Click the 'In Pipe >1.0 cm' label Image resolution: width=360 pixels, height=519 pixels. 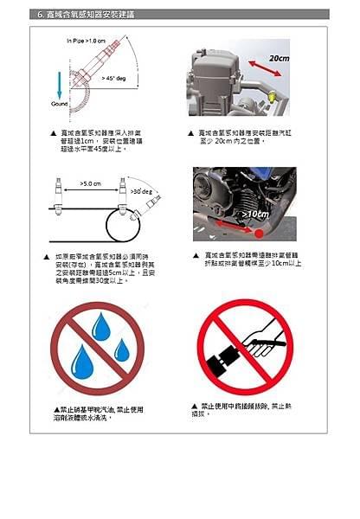click(x=87, y=41)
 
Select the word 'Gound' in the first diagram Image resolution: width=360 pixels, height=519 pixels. click(x=59, y=102)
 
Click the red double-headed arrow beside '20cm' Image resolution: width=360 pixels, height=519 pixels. click(x=253, y=67)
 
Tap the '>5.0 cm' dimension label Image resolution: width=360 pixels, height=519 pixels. click(x=91, y=183)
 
